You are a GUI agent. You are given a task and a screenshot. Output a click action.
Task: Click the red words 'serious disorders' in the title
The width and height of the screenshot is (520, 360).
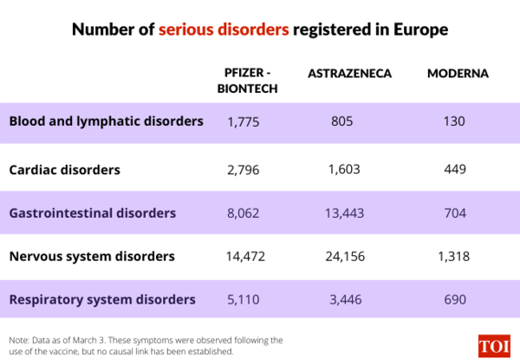pos(223,29)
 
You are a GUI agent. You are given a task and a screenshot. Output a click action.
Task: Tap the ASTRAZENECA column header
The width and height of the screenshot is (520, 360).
pos(349,74)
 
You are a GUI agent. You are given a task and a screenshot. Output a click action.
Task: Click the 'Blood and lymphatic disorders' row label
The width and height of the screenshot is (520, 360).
pos(106,121)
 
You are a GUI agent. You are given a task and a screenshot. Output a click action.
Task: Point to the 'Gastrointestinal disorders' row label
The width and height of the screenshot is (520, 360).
pos(93,213)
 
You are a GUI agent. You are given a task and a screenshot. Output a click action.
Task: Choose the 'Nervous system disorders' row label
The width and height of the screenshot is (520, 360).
pos(92,257)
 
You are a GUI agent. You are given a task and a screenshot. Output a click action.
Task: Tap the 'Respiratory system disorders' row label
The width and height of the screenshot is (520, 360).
pos(102,300)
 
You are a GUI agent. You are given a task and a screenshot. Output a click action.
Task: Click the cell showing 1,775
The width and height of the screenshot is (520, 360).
pos(244,122)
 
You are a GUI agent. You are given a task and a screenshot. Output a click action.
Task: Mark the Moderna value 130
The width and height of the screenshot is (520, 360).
pos(454,122)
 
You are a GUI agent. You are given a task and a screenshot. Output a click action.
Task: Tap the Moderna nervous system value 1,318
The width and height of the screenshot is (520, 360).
pos(454,257)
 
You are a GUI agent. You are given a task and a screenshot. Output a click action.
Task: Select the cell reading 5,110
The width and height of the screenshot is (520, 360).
pos(244,300)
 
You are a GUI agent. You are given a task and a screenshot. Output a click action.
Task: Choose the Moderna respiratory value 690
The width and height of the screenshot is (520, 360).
pos(454,300)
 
